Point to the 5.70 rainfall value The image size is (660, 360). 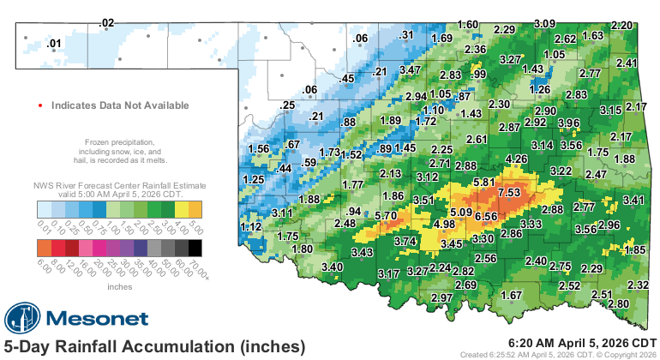387,216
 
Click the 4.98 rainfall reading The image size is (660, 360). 444,225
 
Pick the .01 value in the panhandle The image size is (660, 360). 54,43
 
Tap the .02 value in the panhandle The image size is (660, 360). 106,22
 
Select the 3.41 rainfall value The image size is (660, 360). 633,201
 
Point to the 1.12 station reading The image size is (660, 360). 250,226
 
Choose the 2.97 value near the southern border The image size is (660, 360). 441,297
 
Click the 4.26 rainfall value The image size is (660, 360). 516,159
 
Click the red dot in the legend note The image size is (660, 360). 39,105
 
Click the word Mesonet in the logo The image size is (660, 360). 103,319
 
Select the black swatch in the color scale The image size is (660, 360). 196,248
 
